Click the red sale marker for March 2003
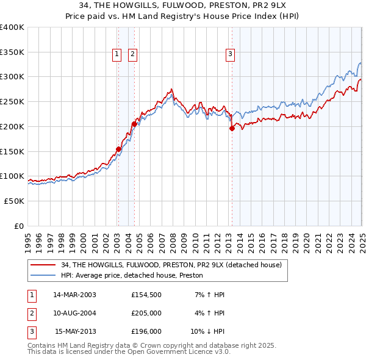pyautogui.click(x=118, y=149)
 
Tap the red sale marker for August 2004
pyautogui.click(x=134, y=124)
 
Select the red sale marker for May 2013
pyautogui.click(x=232, y=128)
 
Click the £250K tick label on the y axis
pyautogui.click(x=12, y=101)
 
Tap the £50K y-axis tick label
pyautogui.click(x=14, y=201)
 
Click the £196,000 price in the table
pyautogui.click(x=146, y=332)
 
